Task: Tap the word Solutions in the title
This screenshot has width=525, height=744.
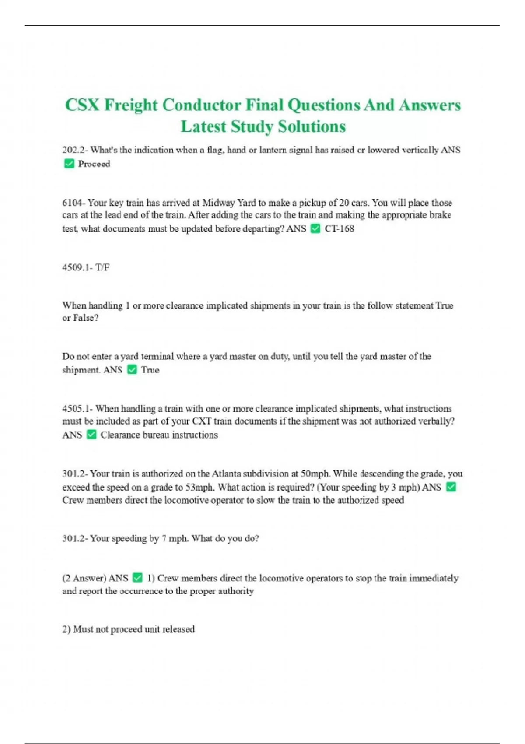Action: coord(312,127)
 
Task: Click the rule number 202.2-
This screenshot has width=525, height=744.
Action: coord(75,150)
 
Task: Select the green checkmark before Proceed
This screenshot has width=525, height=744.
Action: coord(69,164)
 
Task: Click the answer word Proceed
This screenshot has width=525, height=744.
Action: coord(94,164)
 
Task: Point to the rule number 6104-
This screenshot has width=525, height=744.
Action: coord(73,203)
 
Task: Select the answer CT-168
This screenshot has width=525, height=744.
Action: coord(339,228)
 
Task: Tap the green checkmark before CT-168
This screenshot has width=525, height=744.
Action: coord(315,228)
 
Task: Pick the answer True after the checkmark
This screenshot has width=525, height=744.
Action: coord(150,370)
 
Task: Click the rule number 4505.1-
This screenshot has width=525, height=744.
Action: coord(77,409)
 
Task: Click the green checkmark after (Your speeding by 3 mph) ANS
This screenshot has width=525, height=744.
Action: coord(451,487)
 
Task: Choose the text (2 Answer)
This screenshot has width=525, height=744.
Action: coord(84,578)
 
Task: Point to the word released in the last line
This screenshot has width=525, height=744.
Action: coord(178,629)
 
